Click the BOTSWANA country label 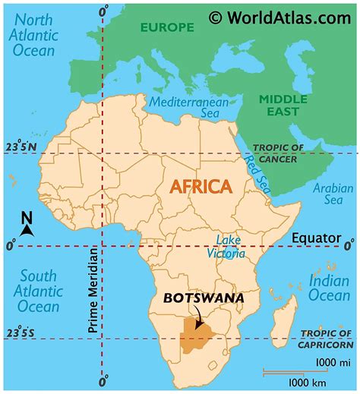(204, 298)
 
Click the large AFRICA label (201, 186)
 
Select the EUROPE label (166, 27)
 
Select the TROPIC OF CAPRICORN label (327, 338)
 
